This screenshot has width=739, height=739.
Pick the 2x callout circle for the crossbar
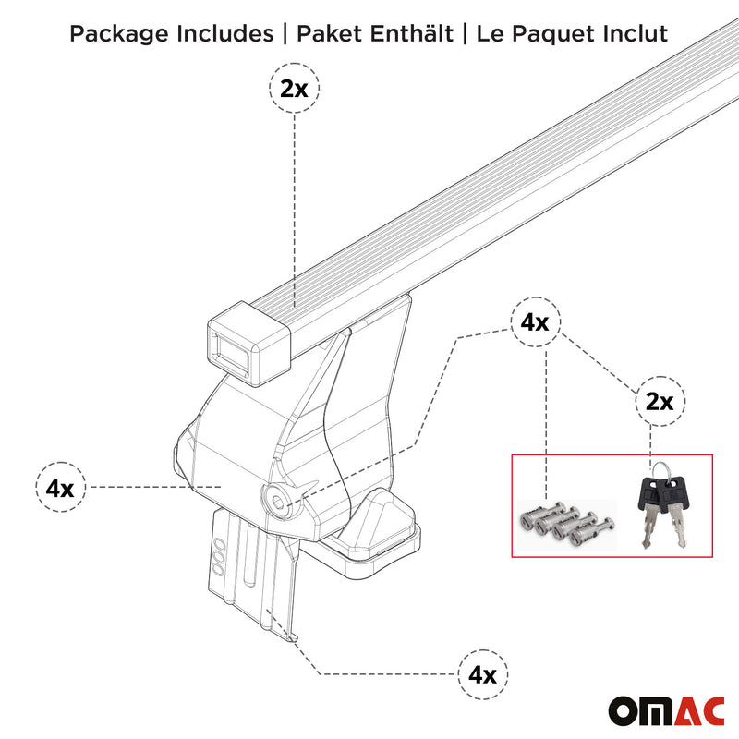[295, 90]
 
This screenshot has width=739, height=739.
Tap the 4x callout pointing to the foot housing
[60, 486]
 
